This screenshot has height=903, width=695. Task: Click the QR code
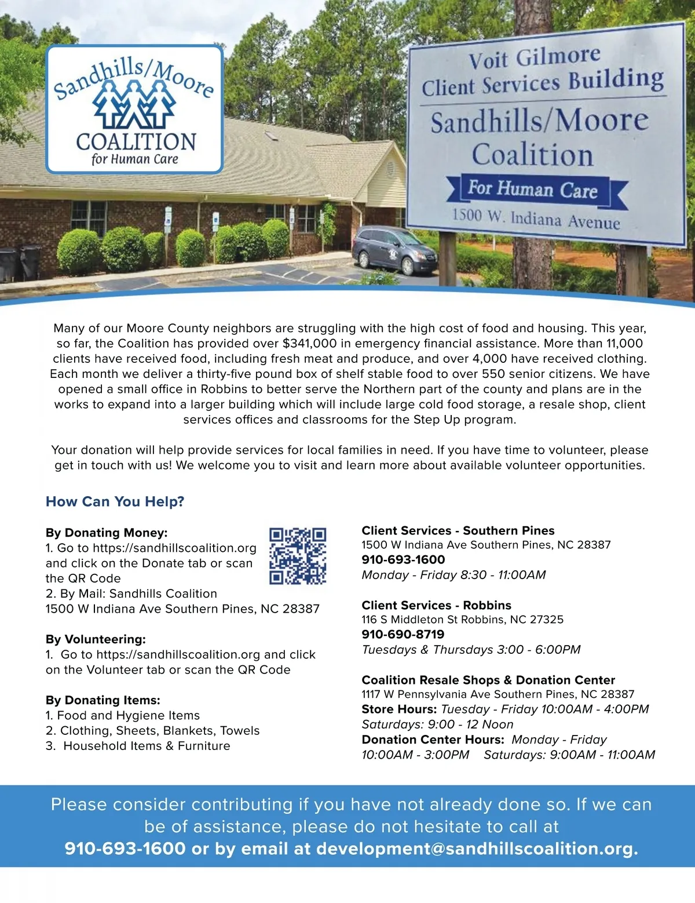pyautogui.click(x=298, y=555)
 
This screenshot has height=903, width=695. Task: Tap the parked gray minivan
pyautogui.click(x=395, y=250)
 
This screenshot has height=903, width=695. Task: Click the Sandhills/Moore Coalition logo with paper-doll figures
pyautogui.click(x=134, y=109)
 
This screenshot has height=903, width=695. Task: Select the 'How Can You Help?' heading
pyautogui.click(x=115, y=501)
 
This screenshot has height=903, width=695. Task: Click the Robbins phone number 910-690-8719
pyautogui.click(x=403, y=634)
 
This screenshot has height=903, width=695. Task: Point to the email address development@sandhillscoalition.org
pyautogui.click(x=477, y=849)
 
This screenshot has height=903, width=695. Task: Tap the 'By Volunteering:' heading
pyautogui.click(x=96, y=639)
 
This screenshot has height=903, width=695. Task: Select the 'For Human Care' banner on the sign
pyautogui.click(x=533, y=190)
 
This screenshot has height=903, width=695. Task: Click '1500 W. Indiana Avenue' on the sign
pyautogui.click(x=536, y=219)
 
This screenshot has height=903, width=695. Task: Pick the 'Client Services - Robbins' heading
pyautogui.click(x=436, y=605)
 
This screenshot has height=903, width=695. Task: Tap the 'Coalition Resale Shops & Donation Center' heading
pyautogui.click(x=488, y=680)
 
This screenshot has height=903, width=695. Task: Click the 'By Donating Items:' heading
pyautogui.click(x=103, y=700)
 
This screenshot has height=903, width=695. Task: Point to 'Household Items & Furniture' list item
pyautogui.click(x=147, y=746)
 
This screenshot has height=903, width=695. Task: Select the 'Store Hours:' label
pyautogui.click(x=399, y=709)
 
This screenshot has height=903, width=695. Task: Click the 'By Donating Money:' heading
pyautogui.click(x=107, y=533)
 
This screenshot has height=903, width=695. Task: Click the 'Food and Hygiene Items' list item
pyautogui.click(x=128, y=715)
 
